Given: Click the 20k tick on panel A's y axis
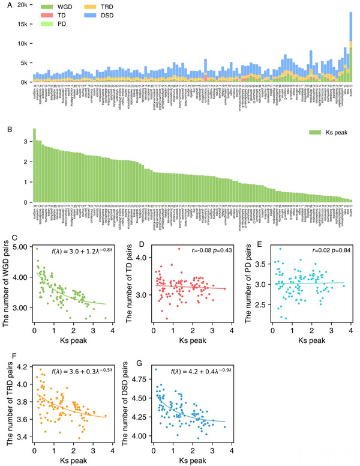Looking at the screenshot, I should [x=20, y=5].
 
